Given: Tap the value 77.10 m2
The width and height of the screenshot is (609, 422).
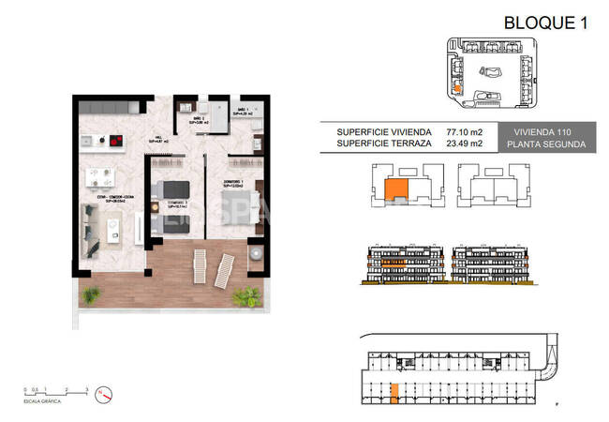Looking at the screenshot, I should pyautogui.click(x=465, y=132).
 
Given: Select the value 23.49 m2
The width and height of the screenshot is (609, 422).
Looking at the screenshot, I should pyautogui.click(x=465, y=144).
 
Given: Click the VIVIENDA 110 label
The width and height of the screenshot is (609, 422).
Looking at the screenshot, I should pyautogui.click(x=545, y=132).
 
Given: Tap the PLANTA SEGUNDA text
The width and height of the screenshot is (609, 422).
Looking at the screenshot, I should pyautogui.click(x=545, y=145).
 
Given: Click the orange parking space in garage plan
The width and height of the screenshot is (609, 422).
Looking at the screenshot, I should pyautogui.click(x=394, y=393).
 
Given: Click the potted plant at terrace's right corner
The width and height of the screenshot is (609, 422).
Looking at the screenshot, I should pyautogui.click(x=245, y=299).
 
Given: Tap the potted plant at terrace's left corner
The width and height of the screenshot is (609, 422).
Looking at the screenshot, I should pyautogui.click(x=89, y=295).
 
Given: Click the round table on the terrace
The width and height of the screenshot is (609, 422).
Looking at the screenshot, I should pyautogui.click(x=253, y=255).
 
